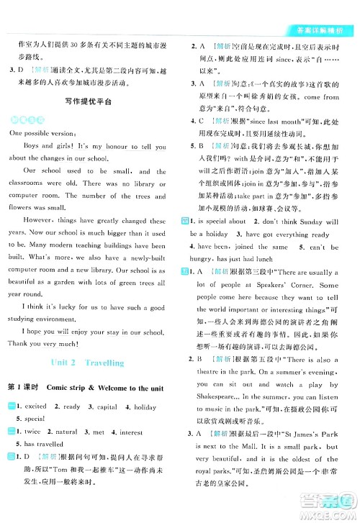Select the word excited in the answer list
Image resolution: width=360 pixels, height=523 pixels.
pyautogui.click(x=37, y=406)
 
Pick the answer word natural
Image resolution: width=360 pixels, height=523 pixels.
pyautogui.click(x=67, y=432)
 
